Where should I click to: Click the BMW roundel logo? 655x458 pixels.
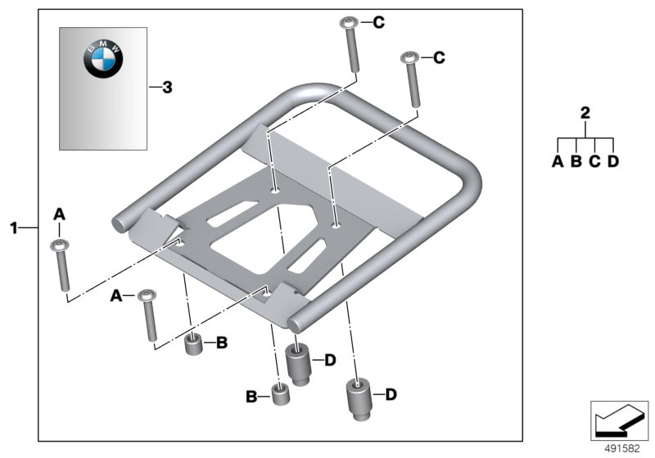(x=103, y=60)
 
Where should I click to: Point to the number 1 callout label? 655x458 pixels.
(x=14, y=227)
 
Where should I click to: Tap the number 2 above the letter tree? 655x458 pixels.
(x=585, y=114)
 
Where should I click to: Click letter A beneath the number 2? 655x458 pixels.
(x=557, y=161)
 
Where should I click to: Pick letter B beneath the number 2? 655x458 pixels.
(x=576, y=161)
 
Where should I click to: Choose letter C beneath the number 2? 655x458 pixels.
(x=594, y=161)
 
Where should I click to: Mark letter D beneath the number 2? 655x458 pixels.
(x=613, y=161)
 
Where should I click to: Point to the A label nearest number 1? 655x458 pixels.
(x=59, y=213)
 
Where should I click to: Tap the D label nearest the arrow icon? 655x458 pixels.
(x=391, y=395)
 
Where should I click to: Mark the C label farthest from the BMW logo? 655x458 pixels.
(x=439, y=57)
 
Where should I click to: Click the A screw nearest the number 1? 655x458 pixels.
(x=59, y=264)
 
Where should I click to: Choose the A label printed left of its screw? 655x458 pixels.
(x=117, y=294)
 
